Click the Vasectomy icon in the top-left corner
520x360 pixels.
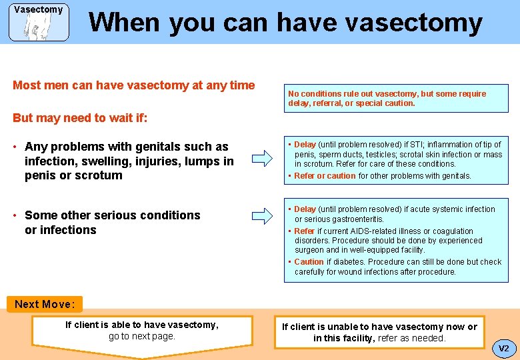(39, 22)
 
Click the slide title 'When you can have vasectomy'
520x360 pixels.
(285, 22)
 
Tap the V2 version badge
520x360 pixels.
(503, 348)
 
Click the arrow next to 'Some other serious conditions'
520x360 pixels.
(262, 215)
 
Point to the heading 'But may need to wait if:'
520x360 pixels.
(80, 118)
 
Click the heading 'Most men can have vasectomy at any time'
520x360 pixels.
(134, 85)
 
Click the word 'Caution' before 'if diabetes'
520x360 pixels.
(309, 262)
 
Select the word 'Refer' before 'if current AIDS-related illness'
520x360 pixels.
(304, 231)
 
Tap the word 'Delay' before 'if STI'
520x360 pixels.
(305, 145)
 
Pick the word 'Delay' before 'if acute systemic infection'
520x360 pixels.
(305, 209)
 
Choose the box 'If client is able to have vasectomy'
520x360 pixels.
(141, 331)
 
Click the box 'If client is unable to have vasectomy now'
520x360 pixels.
(379, 333)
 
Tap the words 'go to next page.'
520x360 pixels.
(141, 337)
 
